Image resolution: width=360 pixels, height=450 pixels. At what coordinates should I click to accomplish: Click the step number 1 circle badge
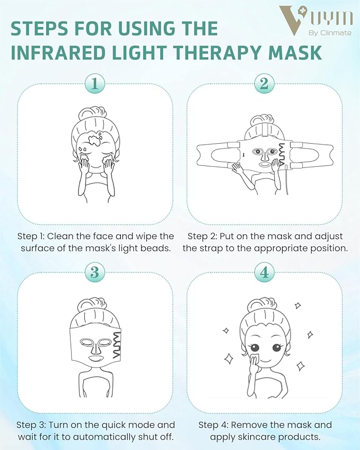click(95, 83)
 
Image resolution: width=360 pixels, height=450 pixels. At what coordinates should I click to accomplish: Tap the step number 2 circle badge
click(264, 83)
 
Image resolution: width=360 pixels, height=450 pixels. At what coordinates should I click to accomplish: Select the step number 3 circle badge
click(95, 272)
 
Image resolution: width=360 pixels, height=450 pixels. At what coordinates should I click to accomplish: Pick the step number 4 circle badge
click(264, 272)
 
